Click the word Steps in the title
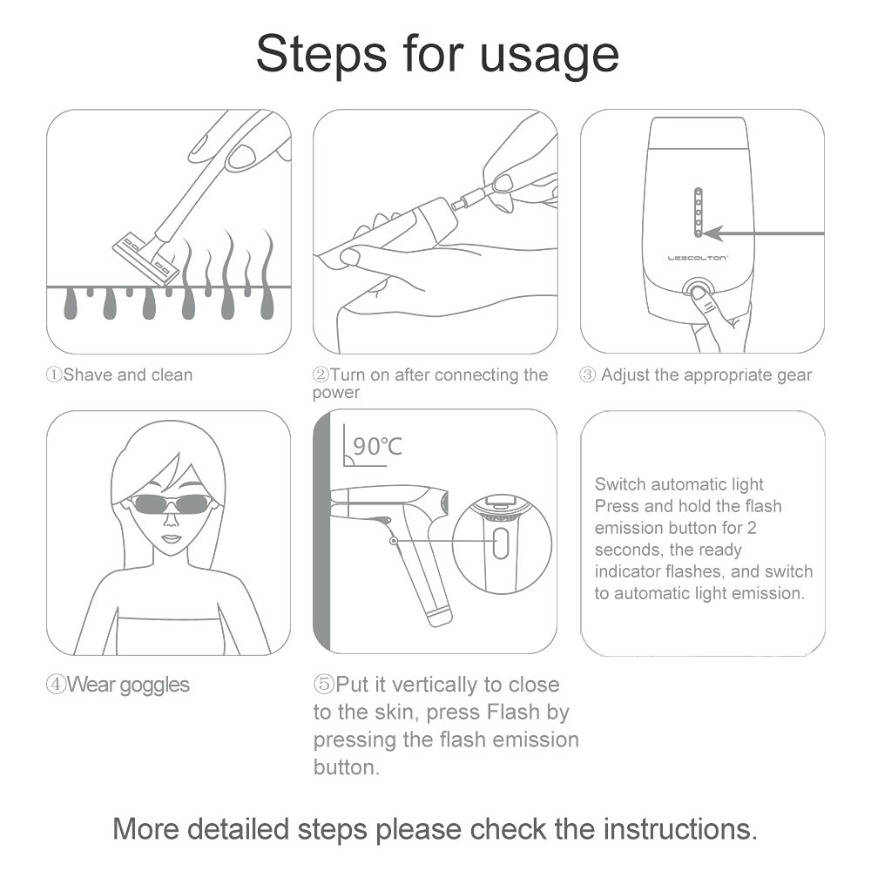321,54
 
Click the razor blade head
146,257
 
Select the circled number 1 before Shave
54,375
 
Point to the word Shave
88,375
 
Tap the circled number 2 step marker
321,375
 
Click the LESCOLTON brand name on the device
697,258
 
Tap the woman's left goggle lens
146,504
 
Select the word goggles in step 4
154,685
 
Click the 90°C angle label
377,445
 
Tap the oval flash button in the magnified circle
501,543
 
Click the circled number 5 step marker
323,685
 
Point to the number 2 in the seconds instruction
752,528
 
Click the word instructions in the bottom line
680,829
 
